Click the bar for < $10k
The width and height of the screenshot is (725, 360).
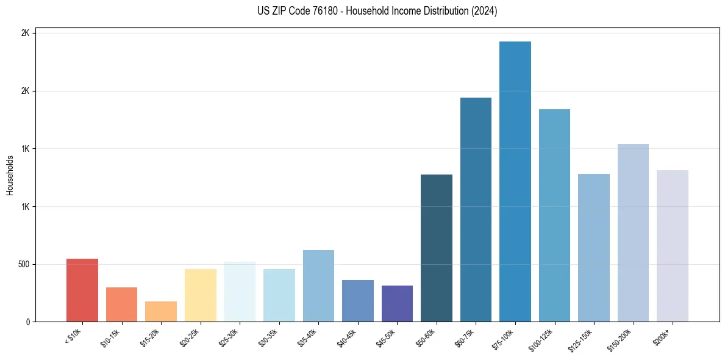pyautogui.click(x=82, y=290)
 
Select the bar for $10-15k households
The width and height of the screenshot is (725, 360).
pyautogui.click(x=121, y=304)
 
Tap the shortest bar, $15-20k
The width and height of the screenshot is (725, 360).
pyautogui.click(x=161, y=312)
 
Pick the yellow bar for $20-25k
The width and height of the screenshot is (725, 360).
pyautogui.click(x=201, y=295)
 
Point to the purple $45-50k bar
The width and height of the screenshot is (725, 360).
pyautogui.click(x=397, y=304)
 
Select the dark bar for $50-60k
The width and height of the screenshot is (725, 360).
pyautogui.click(x=437, y=248)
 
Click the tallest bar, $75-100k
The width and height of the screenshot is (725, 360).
pyautogui.click(x=515, y=182)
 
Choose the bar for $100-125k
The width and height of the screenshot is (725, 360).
pyautogui.click(x=554, y=215)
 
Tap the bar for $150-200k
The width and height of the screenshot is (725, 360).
pyautogui.click(x=633, y=233)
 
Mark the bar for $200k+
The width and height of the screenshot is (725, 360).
pyautogui.click(x=673, y=246)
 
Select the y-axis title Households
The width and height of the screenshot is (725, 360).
pyautogui.click(x=10, y=175)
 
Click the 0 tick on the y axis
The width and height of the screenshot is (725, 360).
pyautogui.click(x=27, y=322)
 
